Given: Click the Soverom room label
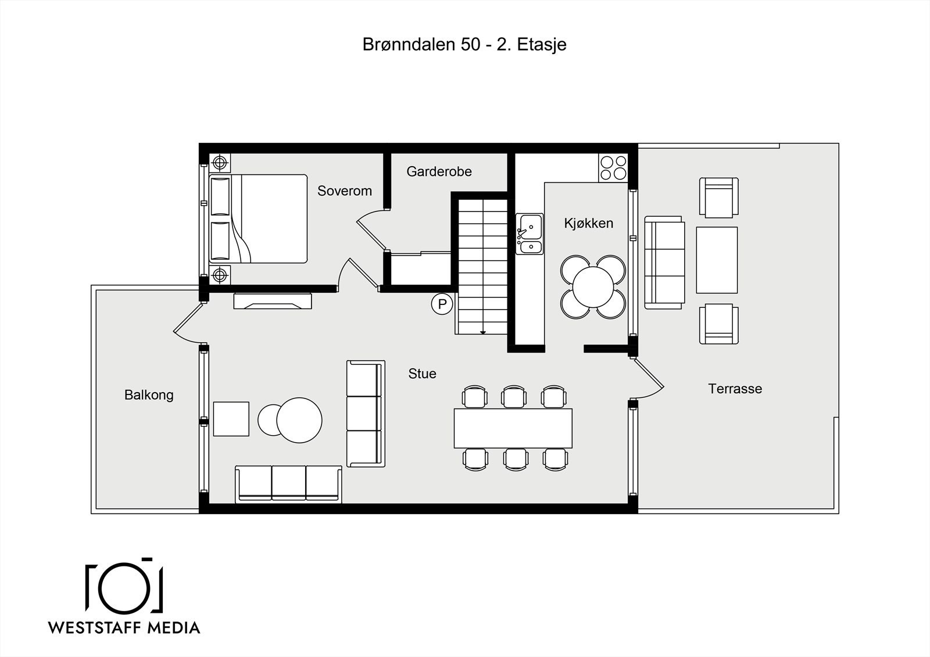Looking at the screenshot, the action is (344, 191).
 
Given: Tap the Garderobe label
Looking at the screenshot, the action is (439, 171).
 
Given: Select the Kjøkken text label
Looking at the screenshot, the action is (588, 223).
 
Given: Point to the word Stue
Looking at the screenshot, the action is (422, 374).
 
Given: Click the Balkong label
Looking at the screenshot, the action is (149, 395).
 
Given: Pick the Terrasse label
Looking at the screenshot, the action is (735, 389).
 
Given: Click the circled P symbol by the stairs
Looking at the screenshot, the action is (442, 304).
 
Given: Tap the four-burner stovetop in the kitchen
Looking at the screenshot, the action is (613, 168).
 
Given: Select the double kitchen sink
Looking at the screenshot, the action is (530, 234).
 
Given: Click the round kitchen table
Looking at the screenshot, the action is (593, 287).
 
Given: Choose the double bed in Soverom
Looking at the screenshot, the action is (258, 219).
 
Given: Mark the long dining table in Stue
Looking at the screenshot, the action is (513, 428).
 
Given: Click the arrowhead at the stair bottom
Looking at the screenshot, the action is (483, 332).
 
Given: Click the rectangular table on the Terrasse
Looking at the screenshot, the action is (717, 260).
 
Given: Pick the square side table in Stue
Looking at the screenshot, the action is (231, 419).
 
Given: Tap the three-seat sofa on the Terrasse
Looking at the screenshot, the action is (664, 263).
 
